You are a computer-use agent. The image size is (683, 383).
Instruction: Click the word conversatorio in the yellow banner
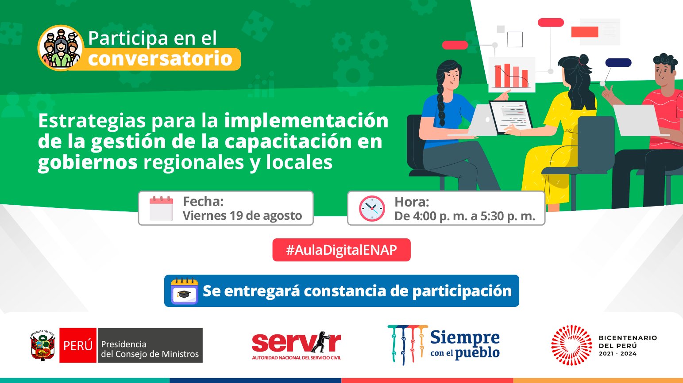click(x=160, y=58)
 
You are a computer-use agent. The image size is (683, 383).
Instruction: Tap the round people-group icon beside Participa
click(x=61, y=47)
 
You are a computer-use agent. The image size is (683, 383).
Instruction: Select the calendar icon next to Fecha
click(x=161, y=208)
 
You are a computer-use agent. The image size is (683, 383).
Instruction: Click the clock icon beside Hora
click(x=372, y=208)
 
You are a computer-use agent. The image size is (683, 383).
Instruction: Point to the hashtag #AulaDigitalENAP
click(x=342, y=250)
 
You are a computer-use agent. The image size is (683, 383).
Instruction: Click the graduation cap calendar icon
click(x=184, y=291)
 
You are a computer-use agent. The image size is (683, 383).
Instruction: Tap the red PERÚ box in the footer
click(x=78, y=345)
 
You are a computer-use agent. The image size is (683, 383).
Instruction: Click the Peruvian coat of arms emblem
click(x=42, y=345)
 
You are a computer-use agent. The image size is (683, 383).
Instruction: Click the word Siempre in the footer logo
click(x=465, y=338)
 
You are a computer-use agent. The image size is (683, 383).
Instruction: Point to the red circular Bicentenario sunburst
click(x=571, y=345)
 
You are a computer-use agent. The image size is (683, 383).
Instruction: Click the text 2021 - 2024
click(x=617, y=354)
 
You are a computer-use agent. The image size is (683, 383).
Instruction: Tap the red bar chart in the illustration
click(x=512, y=76)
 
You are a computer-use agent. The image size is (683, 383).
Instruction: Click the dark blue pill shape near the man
click(x=618, y=62)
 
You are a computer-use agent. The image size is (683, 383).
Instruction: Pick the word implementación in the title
click(x=306, y=121)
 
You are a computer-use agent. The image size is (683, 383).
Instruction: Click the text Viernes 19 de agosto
click(x=243, y=216)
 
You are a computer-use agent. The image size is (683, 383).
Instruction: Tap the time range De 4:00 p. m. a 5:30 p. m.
click(x=465, y=216)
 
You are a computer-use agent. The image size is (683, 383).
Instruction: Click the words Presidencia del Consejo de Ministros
click(x=150, y=349)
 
